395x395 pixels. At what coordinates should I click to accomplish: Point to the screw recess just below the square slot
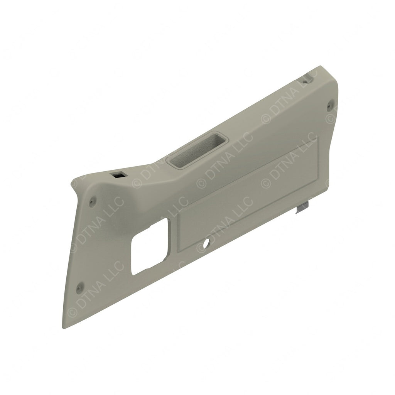point(93,201)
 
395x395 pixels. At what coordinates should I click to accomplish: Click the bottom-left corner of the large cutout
point(132,274)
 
